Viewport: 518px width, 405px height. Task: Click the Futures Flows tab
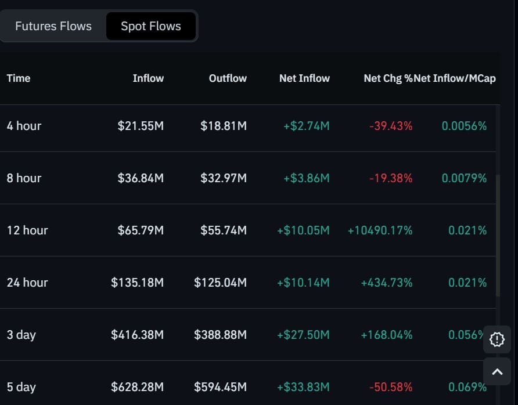click(53, 26)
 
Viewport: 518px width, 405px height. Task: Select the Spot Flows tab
click(151, 26)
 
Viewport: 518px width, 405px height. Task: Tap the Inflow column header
click(148, 78)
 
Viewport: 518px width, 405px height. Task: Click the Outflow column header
click(228, 78)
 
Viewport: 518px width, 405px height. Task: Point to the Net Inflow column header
click(304, 78)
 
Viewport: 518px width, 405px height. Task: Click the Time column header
click(19, 78)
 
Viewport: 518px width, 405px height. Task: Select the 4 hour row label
click(24, 126)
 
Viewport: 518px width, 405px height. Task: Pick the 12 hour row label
click(27, 230)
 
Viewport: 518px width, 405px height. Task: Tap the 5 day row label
click(21, 387)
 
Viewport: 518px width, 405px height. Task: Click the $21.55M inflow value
click(141, 126)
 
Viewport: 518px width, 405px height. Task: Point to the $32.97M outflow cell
click(224, 178)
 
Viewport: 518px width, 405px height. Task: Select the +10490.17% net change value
click(380, 230)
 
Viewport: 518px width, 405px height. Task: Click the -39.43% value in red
click(391, 126)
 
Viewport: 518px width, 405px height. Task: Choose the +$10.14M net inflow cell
click(303, 283)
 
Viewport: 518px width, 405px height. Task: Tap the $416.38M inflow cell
click(138, 335)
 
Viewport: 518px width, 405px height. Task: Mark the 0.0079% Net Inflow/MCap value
click(464, 178)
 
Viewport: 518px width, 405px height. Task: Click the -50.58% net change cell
click(391, 387)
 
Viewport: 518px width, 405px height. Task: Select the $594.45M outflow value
click(221, 387)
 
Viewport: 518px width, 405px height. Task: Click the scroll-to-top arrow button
click(498, 372)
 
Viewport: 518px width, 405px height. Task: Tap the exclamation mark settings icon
click(498, 339)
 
